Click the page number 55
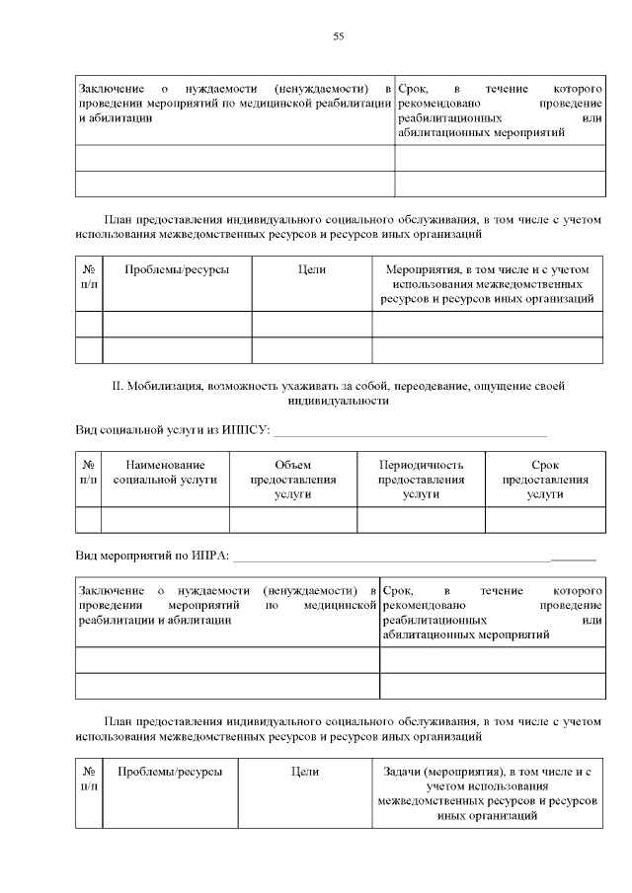tap(339, 37)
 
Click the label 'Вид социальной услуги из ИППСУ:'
tap(172, 430)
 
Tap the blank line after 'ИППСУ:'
tap(409, 431)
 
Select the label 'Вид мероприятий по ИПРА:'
tap(152, 557)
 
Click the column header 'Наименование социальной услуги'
tap(165, 480)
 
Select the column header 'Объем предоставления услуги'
tap(293, 480)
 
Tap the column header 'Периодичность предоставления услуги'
tap(421, 480)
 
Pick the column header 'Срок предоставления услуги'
tap(545, 480)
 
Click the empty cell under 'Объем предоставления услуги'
tap(293, 520)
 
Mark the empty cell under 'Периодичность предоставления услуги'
tap(421, 520)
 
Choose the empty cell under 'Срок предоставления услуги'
tap(545, 520)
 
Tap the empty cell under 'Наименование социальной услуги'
tap(165, 520)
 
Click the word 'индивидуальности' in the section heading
tap(339, 402)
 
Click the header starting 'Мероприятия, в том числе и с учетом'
tap(488, 283)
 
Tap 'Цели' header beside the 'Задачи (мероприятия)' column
tap(305, 772)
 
